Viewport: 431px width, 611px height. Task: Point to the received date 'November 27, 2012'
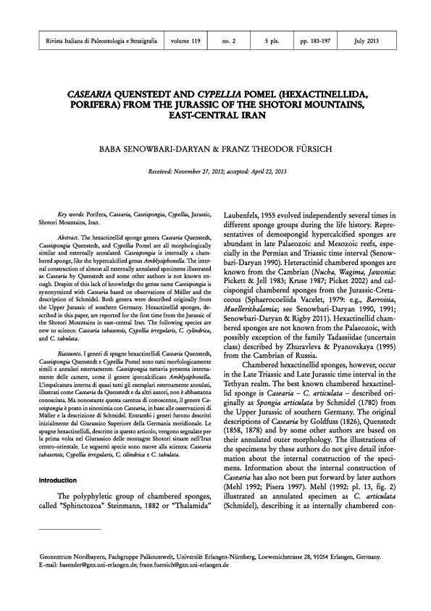(198, 172)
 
